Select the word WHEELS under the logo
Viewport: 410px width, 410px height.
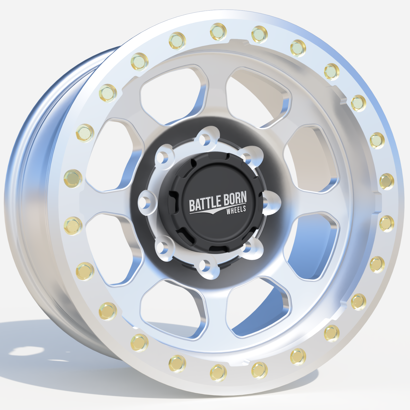[x=236, y=210]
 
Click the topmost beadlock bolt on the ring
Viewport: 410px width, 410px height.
[x=218, y=31]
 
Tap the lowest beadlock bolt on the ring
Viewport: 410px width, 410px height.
[x=218, y=373]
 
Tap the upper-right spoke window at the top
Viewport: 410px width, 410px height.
[x=258, y=96]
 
